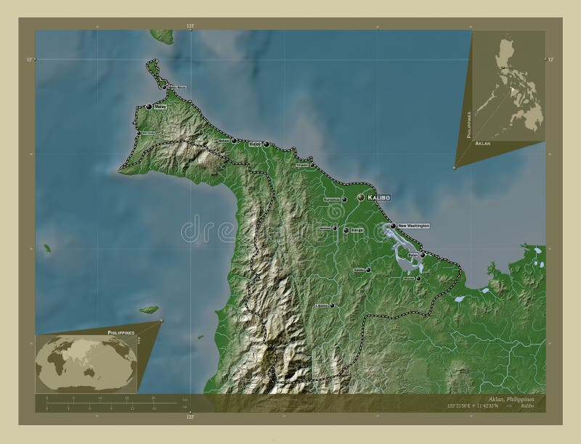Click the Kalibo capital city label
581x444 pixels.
coord(379,197)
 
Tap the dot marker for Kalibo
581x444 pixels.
coord(361,197)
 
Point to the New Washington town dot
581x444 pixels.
coord(393,226)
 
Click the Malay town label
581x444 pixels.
coord(161,107)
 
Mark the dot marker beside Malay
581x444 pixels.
coord(149,107)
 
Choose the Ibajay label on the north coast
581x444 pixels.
coord(256,144)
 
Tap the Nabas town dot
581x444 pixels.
coord(234,141)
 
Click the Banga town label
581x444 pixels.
coord(355,231)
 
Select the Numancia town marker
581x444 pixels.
coord(344,200)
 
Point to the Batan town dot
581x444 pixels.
coord(423,255)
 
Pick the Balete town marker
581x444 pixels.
coord(368,270)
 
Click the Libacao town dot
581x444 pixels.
coord(333,306)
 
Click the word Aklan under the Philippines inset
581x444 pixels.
coord(482,145)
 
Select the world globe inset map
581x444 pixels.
coord(85,361)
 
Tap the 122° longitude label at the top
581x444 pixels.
coord(191,25)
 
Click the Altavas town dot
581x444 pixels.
coord(418,278)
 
